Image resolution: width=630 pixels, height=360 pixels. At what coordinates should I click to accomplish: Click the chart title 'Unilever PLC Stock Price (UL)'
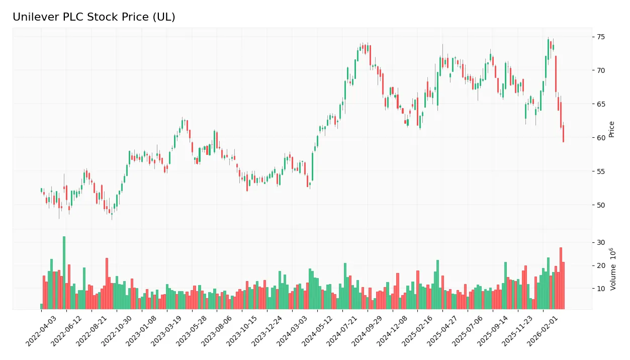point(94,17)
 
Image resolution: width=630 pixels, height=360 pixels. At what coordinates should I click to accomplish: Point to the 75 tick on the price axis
point(601,37)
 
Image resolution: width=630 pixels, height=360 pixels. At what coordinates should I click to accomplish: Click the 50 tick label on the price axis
point(601,205)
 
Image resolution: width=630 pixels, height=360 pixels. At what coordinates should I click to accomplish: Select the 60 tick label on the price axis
point(601,138)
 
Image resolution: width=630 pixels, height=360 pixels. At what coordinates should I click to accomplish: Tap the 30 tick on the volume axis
point(601,242)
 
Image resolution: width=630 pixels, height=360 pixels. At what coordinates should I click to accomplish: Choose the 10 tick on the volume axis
point(601,289)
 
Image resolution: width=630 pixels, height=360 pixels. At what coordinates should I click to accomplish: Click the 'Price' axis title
point(611,129)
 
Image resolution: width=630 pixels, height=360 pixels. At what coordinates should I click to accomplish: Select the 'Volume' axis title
point(613,269)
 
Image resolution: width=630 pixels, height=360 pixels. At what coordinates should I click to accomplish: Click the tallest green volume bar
point(64,273)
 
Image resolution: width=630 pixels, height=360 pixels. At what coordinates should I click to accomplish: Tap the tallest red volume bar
point(561,278)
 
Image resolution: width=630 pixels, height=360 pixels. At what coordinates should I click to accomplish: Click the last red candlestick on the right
point(563,134)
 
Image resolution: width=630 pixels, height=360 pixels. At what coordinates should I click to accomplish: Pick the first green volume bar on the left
point(42,306)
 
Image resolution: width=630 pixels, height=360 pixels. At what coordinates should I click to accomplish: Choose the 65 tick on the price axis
point(601,104)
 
